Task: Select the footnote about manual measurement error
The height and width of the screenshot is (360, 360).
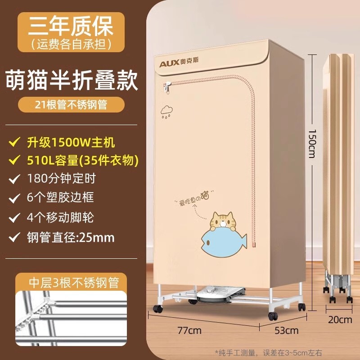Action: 269,352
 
